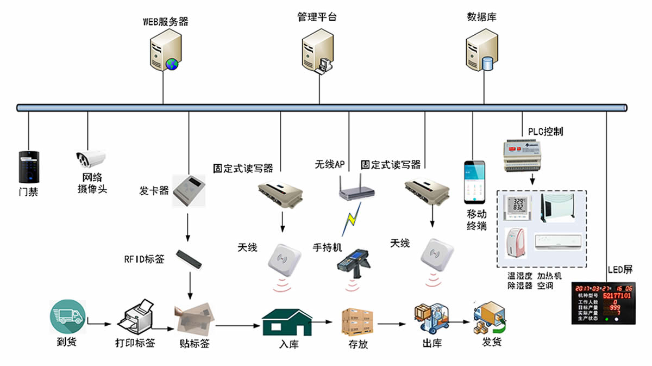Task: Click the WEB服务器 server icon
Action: click(x=165, y=51)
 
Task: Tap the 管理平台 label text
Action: click(x=317, y=17)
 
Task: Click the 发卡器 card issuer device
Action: click(x=189, y=191)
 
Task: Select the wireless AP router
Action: click(x=356, y=187)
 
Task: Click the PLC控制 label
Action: click(x=545, y=132)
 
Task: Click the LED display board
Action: click(x=603, y=303)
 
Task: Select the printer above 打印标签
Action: click(x=135, y=318)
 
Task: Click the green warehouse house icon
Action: click(x=286, y=322)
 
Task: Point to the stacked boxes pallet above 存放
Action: click(x=357, y=321)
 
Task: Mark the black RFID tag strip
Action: click(x=190, y=258)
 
